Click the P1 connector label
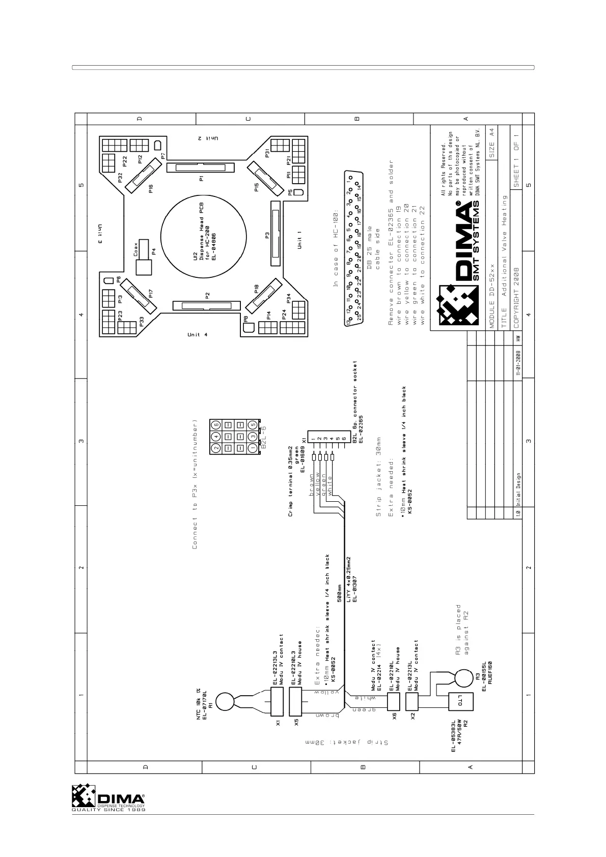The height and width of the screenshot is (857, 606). tap(202, 179)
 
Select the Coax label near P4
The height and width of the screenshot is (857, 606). tap(136, 248)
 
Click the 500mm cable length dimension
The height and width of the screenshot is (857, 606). tap(339, 593)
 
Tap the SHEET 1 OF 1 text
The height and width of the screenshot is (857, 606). tap(517, 158)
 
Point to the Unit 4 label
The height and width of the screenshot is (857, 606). tap(198, 334)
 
